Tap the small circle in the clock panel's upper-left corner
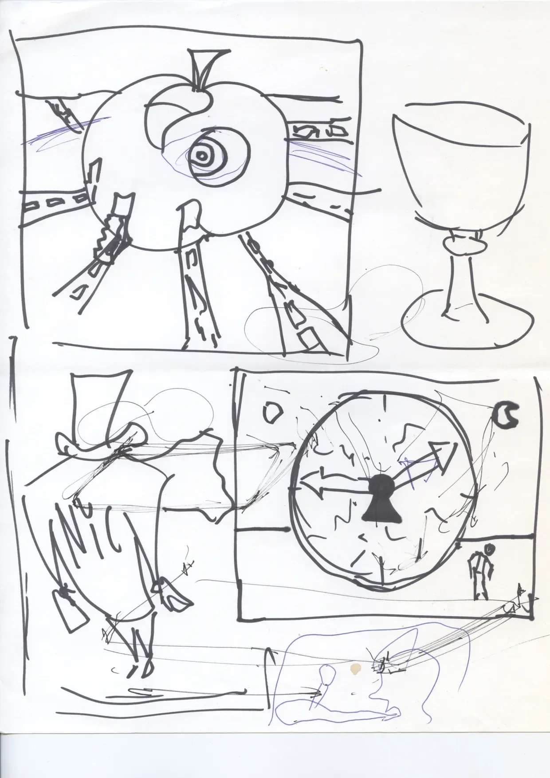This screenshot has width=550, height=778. (271, 412)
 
